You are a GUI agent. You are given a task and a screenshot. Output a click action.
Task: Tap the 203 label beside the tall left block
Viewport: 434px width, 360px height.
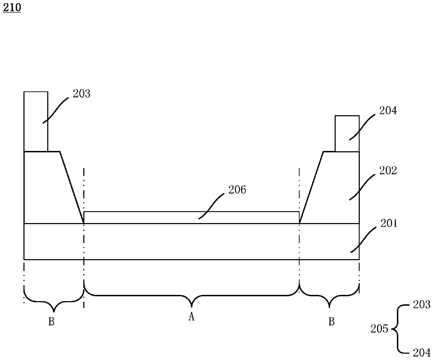coord(81,94)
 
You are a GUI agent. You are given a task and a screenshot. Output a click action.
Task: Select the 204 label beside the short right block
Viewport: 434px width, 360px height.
coord(388,111)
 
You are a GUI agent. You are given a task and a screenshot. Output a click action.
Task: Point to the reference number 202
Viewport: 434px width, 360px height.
coord(388,171)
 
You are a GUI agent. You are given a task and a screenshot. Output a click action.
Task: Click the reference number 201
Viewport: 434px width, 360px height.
coord(389,223)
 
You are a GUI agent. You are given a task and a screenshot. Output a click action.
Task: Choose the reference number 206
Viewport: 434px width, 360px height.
coord(237,190)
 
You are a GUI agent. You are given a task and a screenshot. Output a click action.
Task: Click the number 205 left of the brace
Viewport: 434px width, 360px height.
coord(379,329)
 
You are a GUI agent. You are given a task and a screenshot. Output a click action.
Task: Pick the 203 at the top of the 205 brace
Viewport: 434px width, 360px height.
coord(421,305)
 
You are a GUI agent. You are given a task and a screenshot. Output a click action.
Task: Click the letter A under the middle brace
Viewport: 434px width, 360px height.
coord(191,317)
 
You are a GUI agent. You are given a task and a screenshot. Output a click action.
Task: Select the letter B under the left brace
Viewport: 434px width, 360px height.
coord(51,321)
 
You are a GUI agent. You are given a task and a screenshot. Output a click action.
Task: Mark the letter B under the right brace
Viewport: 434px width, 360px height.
coord(331,321)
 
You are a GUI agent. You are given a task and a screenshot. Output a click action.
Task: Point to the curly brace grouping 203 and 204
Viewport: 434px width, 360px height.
coord(398,328)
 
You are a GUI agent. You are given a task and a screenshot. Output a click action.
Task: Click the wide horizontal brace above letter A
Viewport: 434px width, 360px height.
coord(191,295)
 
